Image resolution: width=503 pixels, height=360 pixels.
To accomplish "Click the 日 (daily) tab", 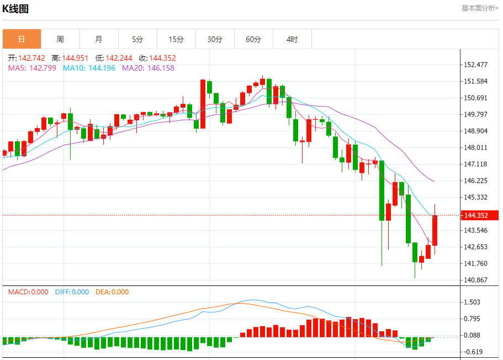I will coord(22,39).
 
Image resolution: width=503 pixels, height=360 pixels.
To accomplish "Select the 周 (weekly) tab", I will coord(60,39).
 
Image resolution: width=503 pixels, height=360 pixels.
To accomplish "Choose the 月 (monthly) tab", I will coord(99,39).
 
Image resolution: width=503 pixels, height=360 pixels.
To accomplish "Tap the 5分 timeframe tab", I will coord(137,39).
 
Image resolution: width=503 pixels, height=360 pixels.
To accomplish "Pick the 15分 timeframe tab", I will coord(176,39).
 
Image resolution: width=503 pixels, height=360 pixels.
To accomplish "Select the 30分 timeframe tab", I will coord(215,39).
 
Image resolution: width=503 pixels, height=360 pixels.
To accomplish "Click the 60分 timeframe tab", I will coord(253,39).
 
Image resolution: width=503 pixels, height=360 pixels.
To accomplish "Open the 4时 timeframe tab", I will coord(292,39).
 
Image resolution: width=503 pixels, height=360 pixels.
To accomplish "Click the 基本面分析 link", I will coord(480,8).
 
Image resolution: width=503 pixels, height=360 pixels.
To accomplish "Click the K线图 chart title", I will coord(15,9).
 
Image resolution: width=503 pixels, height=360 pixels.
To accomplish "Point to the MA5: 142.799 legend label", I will coord(32,68).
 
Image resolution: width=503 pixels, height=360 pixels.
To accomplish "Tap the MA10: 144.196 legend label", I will coord(89,68).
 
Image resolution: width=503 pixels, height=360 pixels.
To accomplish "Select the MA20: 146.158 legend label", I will coord(148,68).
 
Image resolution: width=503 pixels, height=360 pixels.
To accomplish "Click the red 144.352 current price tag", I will coord(479,215).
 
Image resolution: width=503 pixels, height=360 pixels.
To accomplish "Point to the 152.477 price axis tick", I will coord(475,65).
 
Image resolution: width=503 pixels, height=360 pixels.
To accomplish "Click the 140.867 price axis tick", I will coord(475,280).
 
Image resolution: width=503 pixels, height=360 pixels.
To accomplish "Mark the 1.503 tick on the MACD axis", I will coord(472,302).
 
